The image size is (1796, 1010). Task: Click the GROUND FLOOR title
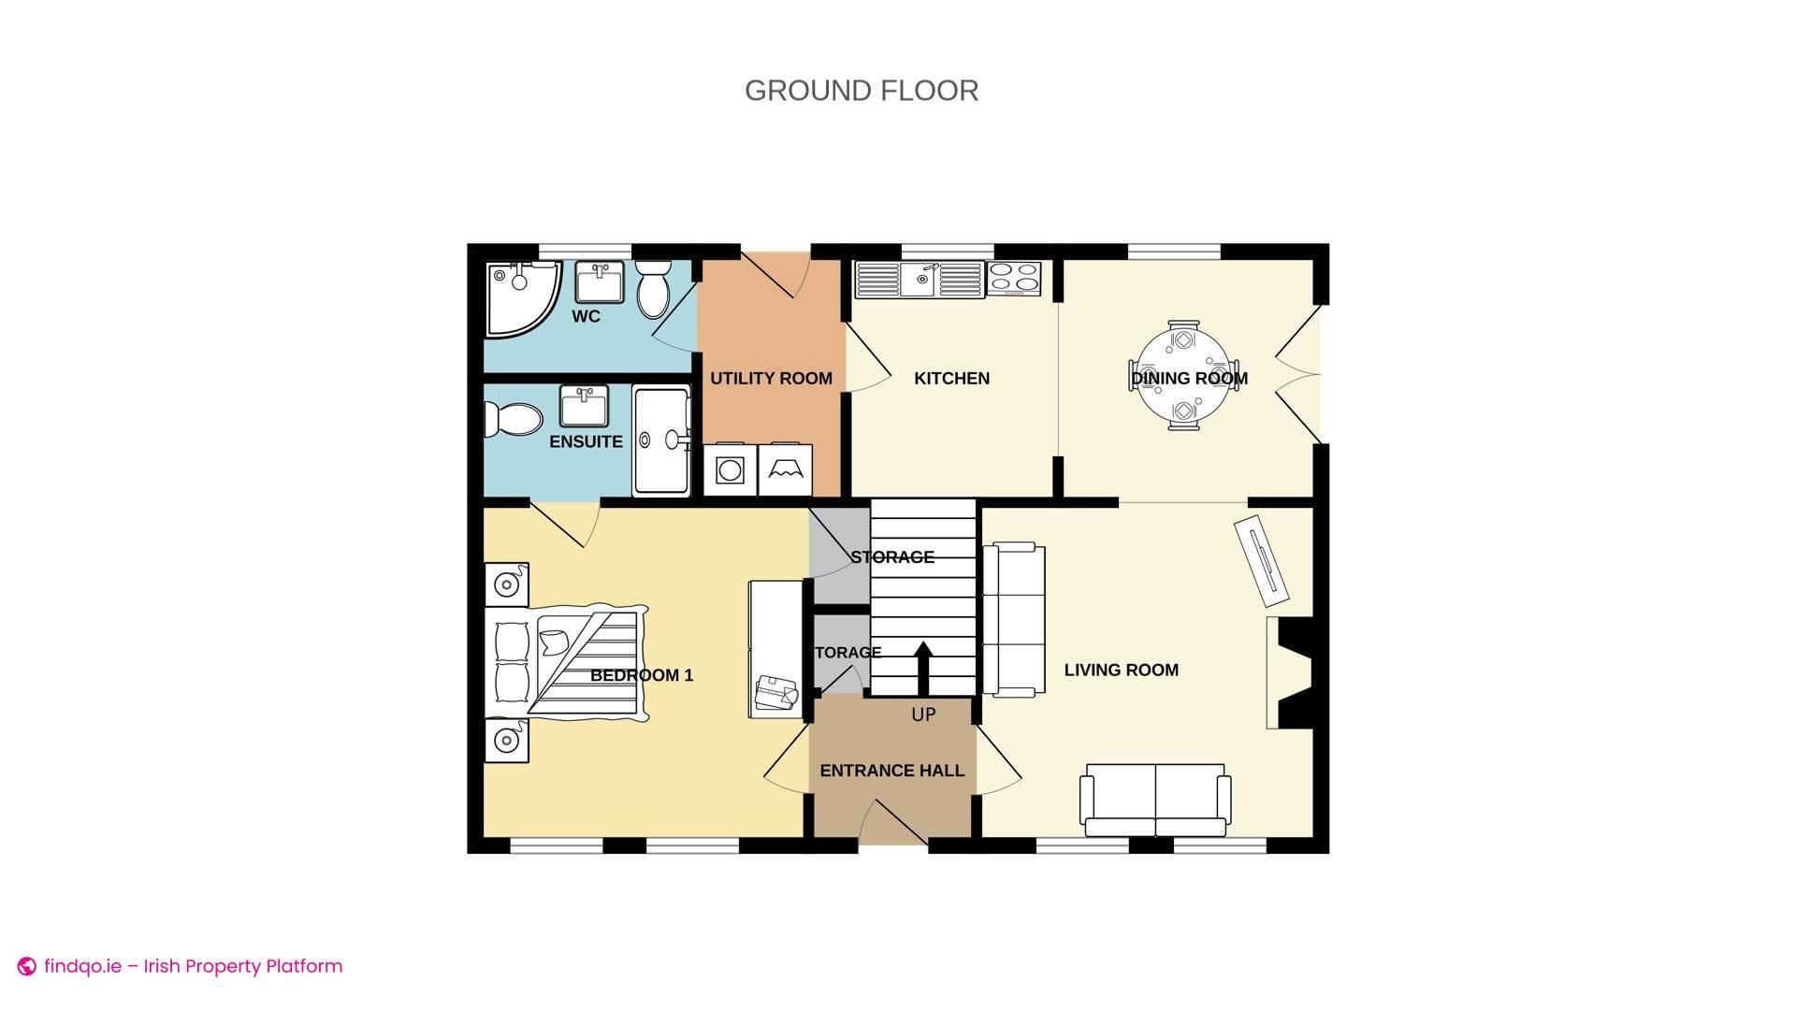[862, 91]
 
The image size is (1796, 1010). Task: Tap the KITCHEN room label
[951, 379]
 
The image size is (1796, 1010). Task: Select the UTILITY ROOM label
[771, 379]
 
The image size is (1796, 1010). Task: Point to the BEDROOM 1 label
[642, 675]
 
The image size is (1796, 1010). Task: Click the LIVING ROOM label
[1121, 670]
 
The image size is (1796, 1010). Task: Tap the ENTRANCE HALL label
[891, 771]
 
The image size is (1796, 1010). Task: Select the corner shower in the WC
[520, 296]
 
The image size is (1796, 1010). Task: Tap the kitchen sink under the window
[920, 280]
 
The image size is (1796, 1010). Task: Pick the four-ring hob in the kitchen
[1014, 278]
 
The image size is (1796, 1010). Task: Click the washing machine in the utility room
[730, 469]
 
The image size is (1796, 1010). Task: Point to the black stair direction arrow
[922, 669]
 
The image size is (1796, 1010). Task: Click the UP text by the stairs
[923, 715]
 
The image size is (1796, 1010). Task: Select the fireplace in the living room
[1291, 672]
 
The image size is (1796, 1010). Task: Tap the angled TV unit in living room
[1262, 562]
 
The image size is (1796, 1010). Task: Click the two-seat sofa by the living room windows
[1155, 800]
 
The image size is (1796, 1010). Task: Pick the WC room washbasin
[599, 282]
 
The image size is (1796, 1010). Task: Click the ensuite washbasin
[584, 406]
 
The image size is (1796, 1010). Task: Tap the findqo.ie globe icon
[27, 967]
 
